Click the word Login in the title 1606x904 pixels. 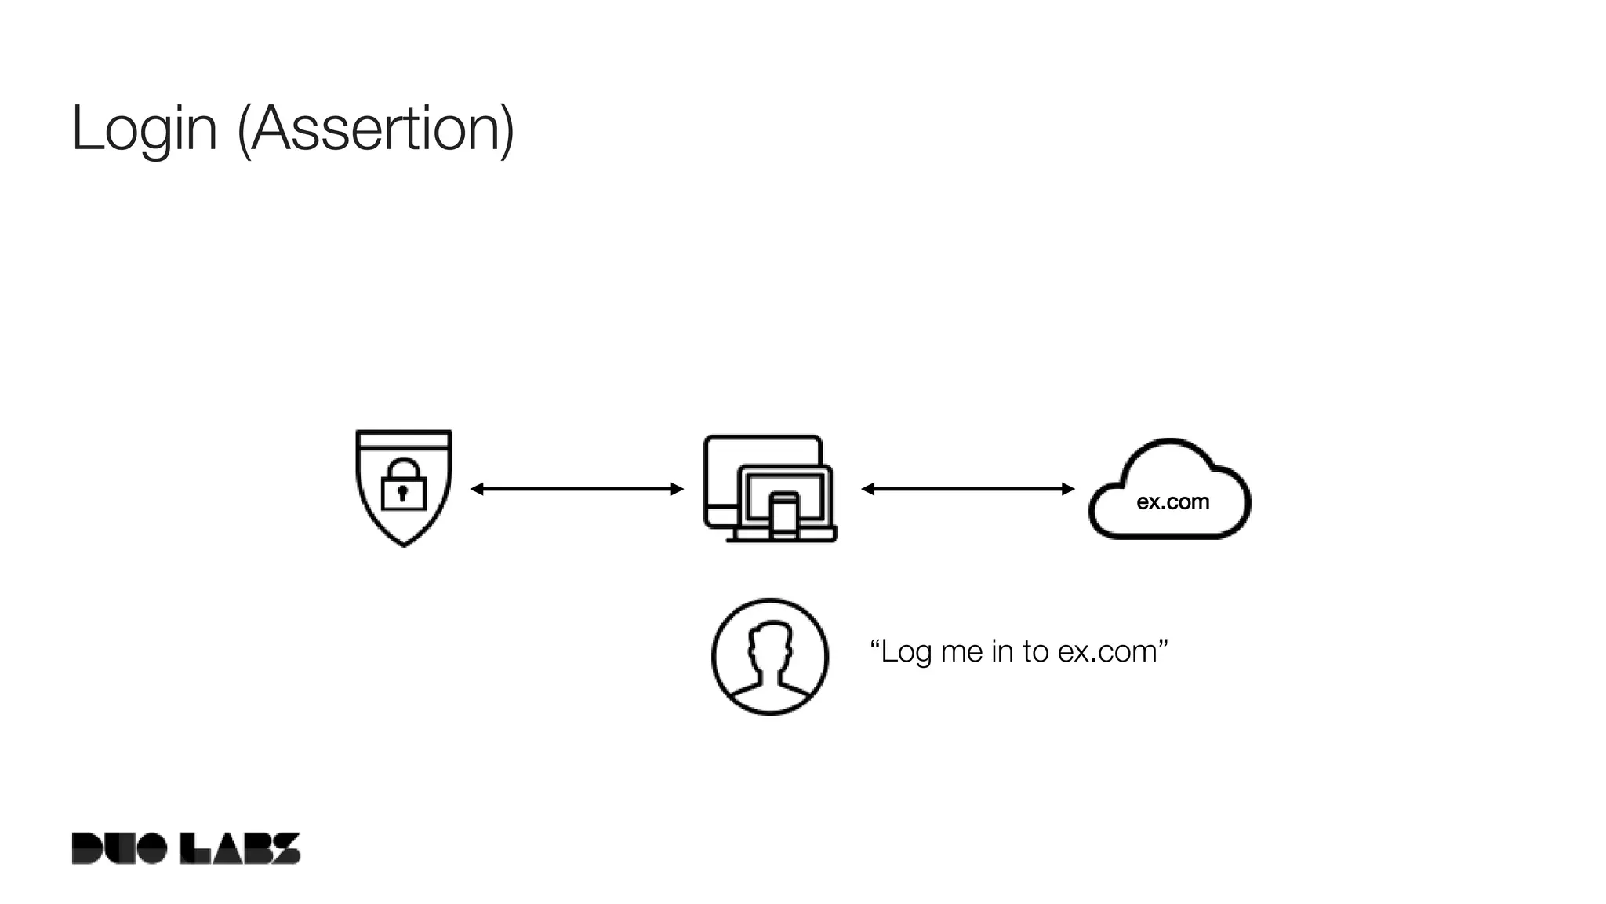click(x=144, y=129)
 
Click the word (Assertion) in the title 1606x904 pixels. click(x=376, y=129)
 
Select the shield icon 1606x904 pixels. click(x=404, y=502)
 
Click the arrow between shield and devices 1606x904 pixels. click(x=577, y=489)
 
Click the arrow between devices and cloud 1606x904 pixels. click(x=968, y=489)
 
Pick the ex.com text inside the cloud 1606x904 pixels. click(x=1172, y=502)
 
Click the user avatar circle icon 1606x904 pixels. click(x=769, y=657)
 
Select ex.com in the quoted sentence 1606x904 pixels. click(x=1107, y=652)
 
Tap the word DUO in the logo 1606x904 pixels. click(x=118, y=848)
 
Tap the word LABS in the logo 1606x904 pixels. click(x=240, y=848)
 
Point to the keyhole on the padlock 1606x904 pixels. click(x=403, y=493)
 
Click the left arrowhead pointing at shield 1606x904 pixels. click(x=476, y=489)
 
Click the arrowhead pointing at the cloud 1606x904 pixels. click(x=1068, y=489)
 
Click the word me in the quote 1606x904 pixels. click(x=961, y=652)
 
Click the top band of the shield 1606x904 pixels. click(x=404, y=439)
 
